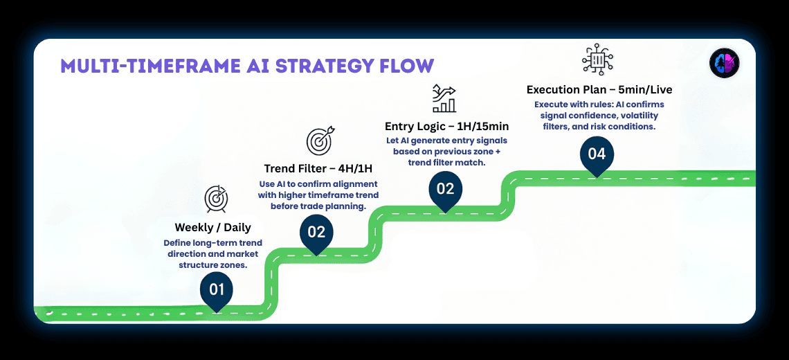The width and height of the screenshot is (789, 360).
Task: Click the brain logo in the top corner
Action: [725, 64]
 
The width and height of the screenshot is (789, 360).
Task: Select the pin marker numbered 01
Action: [217, 289]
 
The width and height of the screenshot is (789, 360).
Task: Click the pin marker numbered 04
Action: [597, 154]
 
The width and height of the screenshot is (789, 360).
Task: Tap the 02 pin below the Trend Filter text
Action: [316, 233]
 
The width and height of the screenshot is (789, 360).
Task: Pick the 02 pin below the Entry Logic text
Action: [445, 189]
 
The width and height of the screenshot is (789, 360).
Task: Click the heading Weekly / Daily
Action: [212, 227]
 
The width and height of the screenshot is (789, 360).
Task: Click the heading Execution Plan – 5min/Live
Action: [599, 89]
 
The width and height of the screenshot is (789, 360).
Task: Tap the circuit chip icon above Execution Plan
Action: [597, 59]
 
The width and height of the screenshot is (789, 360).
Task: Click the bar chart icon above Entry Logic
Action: [444, 98]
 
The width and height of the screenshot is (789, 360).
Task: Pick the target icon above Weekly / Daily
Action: [216, 199]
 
